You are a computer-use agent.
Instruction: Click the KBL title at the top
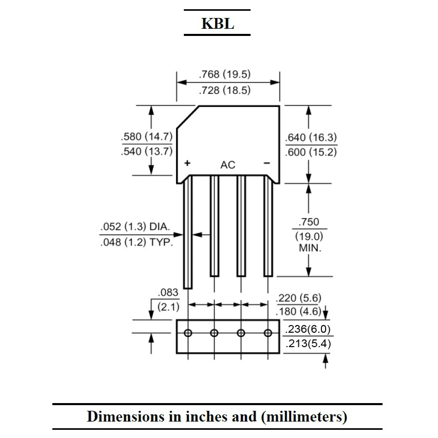218,24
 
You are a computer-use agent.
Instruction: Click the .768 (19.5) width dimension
224,74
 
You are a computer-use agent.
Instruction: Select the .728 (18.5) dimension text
224,90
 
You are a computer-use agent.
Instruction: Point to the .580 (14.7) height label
147,137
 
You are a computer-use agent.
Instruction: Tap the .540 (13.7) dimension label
147,151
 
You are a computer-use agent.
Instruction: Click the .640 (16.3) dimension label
311,138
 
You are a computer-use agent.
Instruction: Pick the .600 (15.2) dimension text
311,152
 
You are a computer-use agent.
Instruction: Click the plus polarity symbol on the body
187,163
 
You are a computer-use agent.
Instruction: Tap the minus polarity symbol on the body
267,163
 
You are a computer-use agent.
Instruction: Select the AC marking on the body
227,165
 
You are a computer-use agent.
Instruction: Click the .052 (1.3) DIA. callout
135,226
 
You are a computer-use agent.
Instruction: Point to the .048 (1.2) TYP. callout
137,242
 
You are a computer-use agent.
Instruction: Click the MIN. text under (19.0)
310,248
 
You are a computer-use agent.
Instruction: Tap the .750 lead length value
309,222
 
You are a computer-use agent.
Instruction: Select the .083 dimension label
168,293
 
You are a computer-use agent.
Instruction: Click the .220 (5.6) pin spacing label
299,298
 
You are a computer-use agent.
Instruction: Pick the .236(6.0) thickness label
308,329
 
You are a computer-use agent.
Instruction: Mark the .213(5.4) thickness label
308,344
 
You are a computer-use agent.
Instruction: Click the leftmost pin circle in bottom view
188,333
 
